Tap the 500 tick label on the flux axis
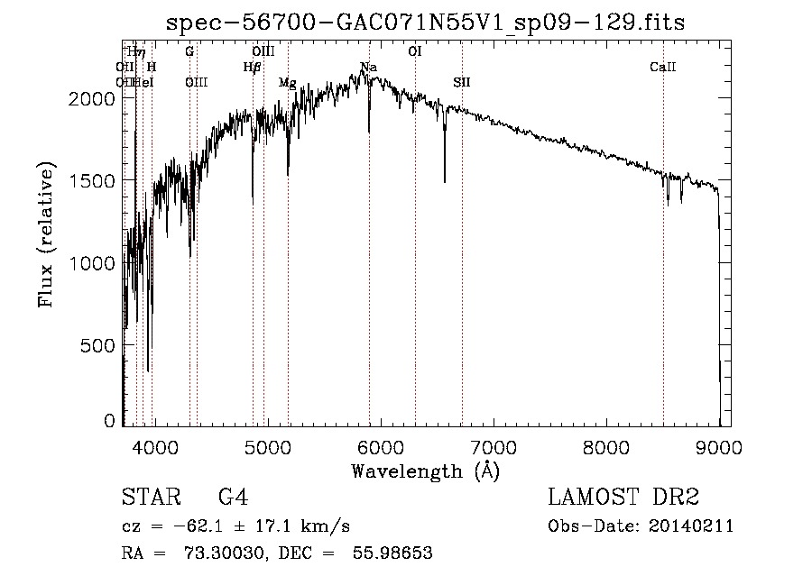99,345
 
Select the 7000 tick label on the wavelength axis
493,445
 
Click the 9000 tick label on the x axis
719,445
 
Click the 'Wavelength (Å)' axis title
425,470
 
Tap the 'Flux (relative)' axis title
46,234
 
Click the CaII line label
663,68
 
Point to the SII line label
462,83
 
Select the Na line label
368,68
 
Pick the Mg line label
287,83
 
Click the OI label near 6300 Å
415,52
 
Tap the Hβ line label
252,68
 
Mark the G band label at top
189,52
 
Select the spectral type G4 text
233,498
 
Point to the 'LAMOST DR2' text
623,498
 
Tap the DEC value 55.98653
395,553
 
